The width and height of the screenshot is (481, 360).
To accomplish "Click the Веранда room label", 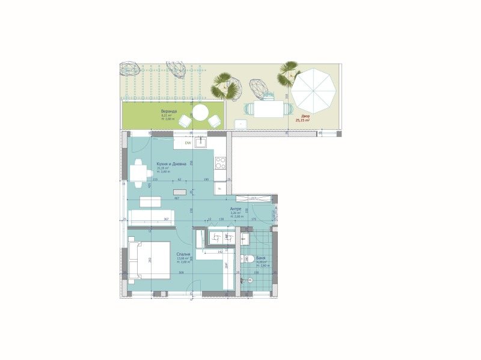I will click(x=169, y=112).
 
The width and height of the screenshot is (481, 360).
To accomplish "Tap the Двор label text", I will click(x=305, y=116).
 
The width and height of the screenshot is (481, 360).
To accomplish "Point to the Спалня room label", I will click(x=183, y=254).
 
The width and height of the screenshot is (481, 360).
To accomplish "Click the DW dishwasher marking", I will click(x=188, y=143).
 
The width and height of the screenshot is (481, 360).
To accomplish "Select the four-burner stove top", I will click(x=220, y=162).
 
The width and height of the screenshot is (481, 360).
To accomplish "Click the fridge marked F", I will click(x=220, y=188).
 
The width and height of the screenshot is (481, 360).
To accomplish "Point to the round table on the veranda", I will click(x=200, y=112).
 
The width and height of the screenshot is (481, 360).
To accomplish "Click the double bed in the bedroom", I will click(x=150, y=260).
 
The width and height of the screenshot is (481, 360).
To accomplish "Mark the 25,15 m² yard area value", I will click(x=302, y=120).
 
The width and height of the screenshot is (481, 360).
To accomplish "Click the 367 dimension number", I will click(x=166, y=219).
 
